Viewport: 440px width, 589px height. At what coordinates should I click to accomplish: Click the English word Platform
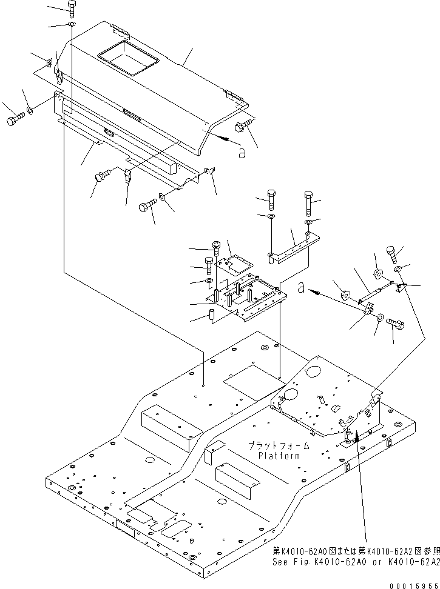point(279,456)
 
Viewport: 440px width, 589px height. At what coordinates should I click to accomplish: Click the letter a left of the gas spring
point(302,288)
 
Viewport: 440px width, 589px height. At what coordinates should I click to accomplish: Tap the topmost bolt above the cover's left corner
point(71,8)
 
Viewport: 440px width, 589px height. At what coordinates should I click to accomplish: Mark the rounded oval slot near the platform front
point(177,528)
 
